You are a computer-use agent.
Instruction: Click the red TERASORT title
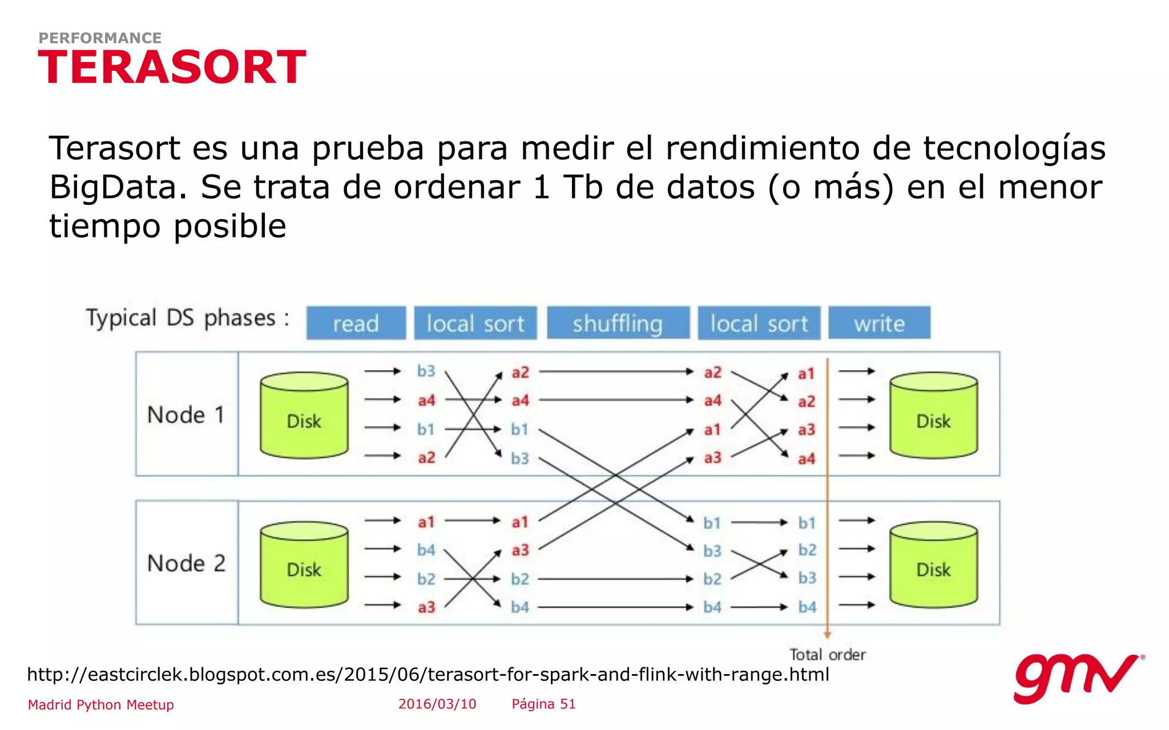tap(172, 67)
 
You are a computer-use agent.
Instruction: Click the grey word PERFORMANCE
tap(100, 38)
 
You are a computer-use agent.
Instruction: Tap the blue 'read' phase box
tap(356, 323)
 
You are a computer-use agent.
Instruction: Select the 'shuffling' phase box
tap(618, 323)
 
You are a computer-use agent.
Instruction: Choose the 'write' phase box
tap(879, 323)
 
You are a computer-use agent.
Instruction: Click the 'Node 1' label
tap(186, 415)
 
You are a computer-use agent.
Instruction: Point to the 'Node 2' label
tap(186, 563)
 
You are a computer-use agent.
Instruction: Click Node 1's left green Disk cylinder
tap(304, 415)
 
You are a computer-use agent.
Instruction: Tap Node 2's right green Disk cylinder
tap(933, 565)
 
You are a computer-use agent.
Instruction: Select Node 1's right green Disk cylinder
tap(933, 415)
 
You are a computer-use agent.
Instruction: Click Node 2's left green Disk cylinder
tap(304, 565)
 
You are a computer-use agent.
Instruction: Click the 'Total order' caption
tap(827, 655)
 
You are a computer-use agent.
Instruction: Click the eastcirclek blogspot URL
tap(428, 675)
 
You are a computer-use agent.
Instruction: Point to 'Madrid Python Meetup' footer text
tap(101, 705)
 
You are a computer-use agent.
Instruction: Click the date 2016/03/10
tap(437, 704)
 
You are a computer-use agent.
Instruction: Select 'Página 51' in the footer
tap(543, 704)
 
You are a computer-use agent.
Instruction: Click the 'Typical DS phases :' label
tap(187, 318)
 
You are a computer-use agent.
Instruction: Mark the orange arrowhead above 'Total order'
tap(827, 635)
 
